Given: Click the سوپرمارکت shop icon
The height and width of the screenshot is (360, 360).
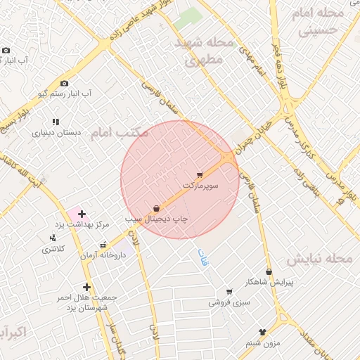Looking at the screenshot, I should pyautogui.click(x=200, y=174).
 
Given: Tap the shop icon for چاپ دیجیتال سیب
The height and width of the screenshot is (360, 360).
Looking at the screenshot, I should pyautogui.click(x=155, y=208).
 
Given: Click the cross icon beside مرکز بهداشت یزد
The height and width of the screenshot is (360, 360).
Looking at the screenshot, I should pyautogui.click(x=82, y=213).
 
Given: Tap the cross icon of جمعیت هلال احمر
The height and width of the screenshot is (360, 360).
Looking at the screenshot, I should pyautogui.click(x=86, y=287).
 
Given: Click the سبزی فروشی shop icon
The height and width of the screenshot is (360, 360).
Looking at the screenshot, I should pyautogui.click(x=229, y=292).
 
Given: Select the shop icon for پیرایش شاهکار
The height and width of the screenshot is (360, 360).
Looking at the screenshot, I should pyautogui.click(x=269, y=272).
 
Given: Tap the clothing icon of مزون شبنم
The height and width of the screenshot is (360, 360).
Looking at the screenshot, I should pyautogui.click(x=263, y=332).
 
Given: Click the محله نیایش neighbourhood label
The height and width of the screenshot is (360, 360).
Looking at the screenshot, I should pyautogui.click(x=319, y=259).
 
